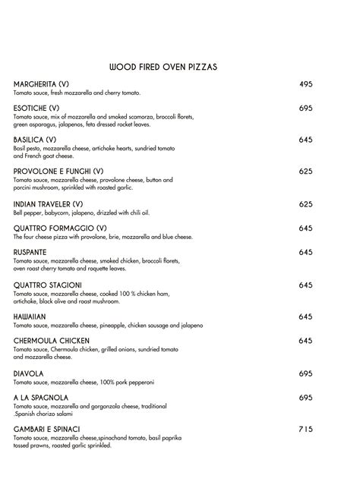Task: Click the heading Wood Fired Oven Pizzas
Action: coord(163,67)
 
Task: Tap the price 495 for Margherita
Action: coord(305,84)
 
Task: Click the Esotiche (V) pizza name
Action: coord(36,109)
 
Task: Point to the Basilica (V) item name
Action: coord(35,140)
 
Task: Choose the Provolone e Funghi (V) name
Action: coord(58,172)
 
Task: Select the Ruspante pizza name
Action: coord(30,252)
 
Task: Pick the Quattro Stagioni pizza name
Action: coord(47,285)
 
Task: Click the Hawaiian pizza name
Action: coord(30,317)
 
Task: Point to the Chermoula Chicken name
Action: coord(52,341)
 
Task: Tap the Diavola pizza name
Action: coord(29,373)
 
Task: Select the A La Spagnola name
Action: coord(41,398)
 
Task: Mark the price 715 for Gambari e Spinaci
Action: coord(305,430)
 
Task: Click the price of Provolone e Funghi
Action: coord(305,172)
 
